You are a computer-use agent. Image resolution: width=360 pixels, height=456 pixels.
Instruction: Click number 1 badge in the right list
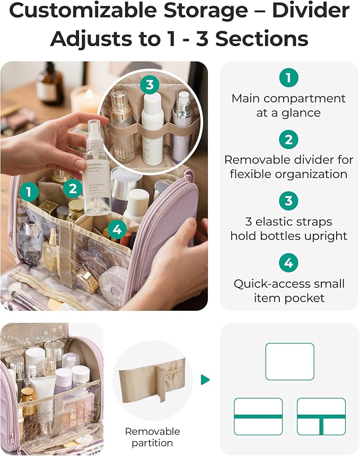tap(289, 78)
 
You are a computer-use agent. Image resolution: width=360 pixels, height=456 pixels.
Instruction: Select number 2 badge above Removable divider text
tap(289, 139)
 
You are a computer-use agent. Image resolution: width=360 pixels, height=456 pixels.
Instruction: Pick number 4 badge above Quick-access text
tap(289, 262)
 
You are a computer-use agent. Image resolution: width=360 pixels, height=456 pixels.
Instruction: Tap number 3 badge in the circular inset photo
tap(150, 84)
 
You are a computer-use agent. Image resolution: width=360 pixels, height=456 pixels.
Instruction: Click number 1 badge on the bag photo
tap(29, 191)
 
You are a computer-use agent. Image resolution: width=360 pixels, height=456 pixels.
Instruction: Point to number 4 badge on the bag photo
tap(118, 229)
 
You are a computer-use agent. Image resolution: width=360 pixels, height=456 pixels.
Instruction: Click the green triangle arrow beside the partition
tap(205, 380)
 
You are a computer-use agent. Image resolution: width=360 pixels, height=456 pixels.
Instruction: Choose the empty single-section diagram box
tap(289, 362)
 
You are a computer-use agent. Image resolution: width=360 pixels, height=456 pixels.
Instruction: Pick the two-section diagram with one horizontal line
tap(258, 417)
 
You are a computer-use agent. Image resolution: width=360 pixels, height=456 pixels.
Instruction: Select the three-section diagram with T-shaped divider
tap(321, 417)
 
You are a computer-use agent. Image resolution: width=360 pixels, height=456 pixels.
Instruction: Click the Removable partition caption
tap(153, 437)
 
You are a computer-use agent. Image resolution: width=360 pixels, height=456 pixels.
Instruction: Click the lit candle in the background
tap(85, 99)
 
